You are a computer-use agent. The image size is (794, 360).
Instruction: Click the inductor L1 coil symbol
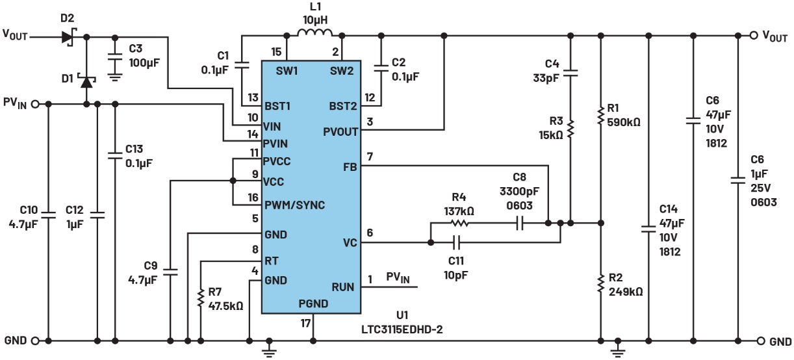click(314, 32)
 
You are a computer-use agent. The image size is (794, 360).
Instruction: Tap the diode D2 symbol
click(69, 36)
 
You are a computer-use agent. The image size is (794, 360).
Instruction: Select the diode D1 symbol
click(86, 81)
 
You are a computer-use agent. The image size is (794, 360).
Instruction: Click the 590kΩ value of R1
click(624, 122)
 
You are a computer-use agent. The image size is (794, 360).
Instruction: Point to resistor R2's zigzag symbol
click(600, 283)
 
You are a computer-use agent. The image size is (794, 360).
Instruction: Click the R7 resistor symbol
click(201, 298)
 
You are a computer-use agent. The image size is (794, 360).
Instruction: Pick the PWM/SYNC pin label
click(294, 205)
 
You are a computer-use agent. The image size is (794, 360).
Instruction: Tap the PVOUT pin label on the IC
click(340, 132)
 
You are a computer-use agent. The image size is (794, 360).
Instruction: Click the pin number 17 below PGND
click(305, 323)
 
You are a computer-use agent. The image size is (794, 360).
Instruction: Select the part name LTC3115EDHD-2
click(402, 329)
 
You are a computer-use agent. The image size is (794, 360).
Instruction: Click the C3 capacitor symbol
click(114, 57)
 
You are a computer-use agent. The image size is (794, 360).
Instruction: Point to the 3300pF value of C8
click(519, 191)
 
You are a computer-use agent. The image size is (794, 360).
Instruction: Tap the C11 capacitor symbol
click(457, 242)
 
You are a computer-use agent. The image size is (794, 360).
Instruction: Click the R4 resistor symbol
click(460, 224)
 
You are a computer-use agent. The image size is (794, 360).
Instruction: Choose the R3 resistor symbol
click(570, 129)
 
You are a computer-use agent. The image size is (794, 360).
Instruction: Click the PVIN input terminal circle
click(35, 104)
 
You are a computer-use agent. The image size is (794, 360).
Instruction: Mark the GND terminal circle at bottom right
click(761, 341)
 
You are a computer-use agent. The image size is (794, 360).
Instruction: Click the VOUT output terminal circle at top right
click(754, 36)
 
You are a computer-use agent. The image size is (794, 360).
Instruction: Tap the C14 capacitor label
click(669, 209)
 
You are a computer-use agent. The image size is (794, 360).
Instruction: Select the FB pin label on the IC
click(350, 167)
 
